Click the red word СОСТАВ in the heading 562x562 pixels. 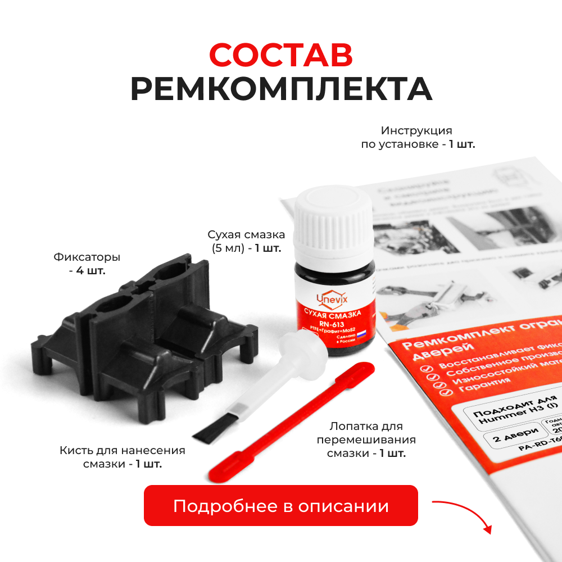pyautogui.click(x=281, y=55)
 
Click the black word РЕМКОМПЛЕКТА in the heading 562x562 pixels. pyautogui.click(x=281, y=89)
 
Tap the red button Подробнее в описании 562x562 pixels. pyautogui.click(x=281, y=506)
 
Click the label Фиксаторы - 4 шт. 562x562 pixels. pyautogui.click(x=87, y=264)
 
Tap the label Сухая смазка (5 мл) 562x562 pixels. pyautogui.click(x=246, y=241)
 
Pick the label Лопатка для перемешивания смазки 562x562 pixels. pyautogui.click(x=366, y=439)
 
